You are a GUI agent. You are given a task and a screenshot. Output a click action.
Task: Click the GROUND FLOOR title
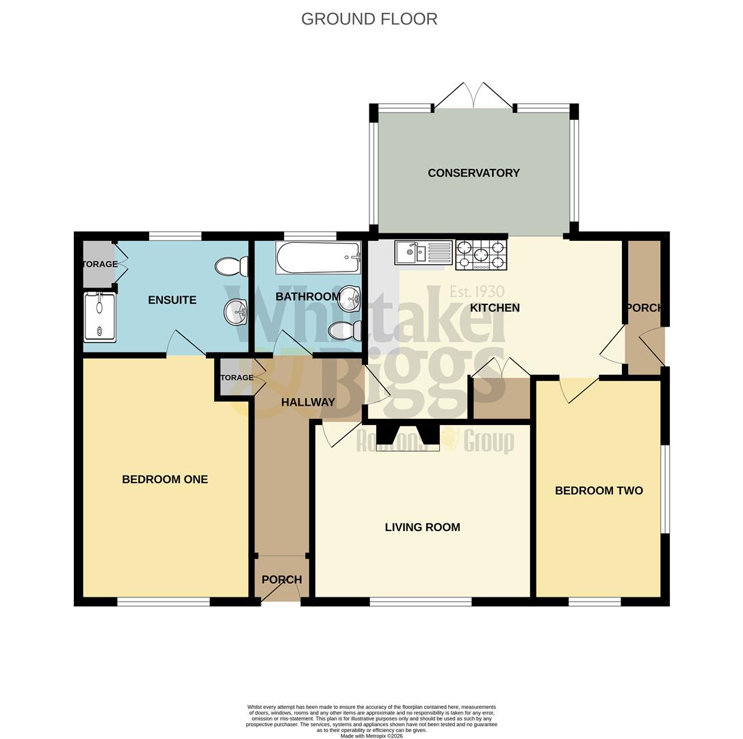pyautogui.click(x=369, y=19)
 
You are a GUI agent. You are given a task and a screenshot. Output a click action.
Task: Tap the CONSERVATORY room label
pyautogui.click(x=473, y=173)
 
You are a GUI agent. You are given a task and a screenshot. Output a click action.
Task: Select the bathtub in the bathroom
pyautogui.click(x=318, y=257)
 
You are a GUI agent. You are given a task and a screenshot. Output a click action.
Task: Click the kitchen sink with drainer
pyautogui.click(x=423, y=252)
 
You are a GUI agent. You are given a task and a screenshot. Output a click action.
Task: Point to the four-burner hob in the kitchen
pyautogui.click(x=481, y=255)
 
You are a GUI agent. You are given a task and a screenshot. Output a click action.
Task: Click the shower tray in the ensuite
pyautogui.click(x=100, y=317)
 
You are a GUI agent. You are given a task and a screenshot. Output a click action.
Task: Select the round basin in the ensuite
pyautogui.click(x=235, y=313)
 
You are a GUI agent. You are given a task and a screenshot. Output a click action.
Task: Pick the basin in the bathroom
pyautogui.click(x=350, y=297)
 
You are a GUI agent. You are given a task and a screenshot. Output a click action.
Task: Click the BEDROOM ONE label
pyautogui.click(x=165, y=480)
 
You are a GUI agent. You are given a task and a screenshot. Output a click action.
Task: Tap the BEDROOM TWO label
pyautogui.click(x=599, y=491)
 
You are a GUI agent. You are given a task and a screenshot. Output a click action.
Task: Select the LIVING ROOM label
pyautogui.click(x=422, y=528)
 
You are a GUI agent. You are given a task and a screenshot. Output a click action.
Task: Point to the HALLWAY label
pyautogui.click(x=308, y=402)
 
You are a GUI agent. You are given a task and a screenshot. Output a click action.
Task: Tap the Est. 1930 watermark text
pyautogui.click(x=477, y=293)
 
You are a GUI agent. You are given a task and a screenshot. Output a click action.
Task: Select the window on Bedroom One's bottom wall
pyautogui.click(x=164, y=602)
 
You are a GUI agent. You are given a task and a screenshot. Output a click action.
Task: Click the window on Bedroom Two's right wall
pyautogui.click(x=665, y=489)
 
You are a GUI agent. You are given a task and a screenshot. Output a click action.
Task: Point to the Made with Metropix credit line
pyautogui.click(x=371, y=736)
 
